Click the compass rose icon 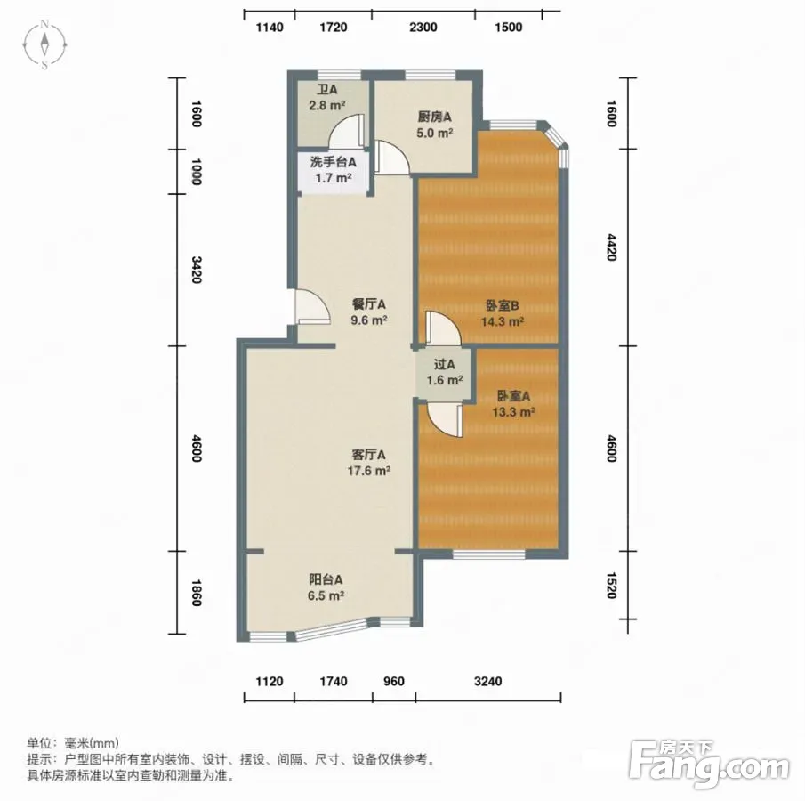[x=44, y=44]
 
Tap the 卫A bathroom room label [x=327, y=98]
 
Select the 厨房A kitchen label [x=434, y=125]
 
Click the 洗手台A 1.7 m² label [x=334, y=170]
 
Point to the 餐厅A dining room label [x=368, y=312]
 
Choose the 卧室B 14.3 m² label [x=502, y=314]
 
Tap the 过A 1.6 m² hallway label [x=445, y=373]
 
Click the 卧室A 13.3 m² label [x=513, y=404]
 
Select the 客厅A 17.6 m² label [x=368, y=463]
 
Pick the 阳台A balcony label [x=326, y=587]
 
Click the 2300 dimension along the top [x=423, y=28]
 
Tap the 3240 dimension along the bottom [x=487, y=681]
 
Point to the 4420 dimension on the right [x=611, y=247]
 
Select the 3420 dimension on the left [x=196, y=270]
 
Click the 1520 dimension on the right [x=611, y=586]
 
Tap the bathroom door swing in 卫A [x=348, y=130]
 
